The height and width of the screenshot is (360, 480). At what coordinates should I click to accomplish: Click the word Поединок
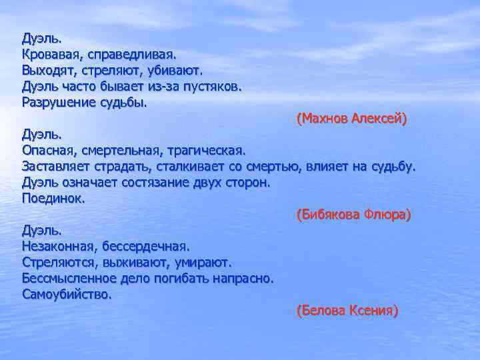[x=53, y=199]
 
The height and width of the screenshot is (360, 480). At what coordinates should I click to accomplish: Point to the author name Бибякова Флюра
[x=353, y=215]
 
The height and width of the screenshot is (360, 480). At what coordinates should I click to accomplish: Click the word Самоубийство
[x=67, y=294]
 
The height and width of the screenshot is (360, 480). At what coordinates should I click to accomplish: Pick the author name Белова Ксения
[x=347, y=311]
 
